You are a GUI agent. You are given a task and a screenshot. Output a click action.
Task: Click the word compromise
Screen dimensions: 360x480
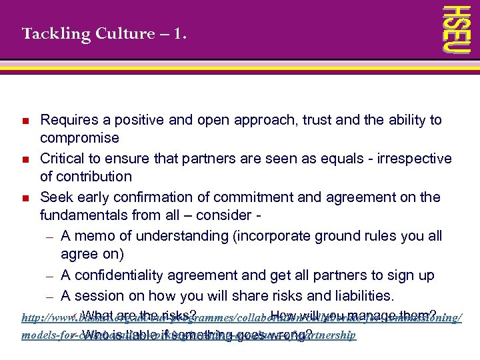point(79,139)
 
